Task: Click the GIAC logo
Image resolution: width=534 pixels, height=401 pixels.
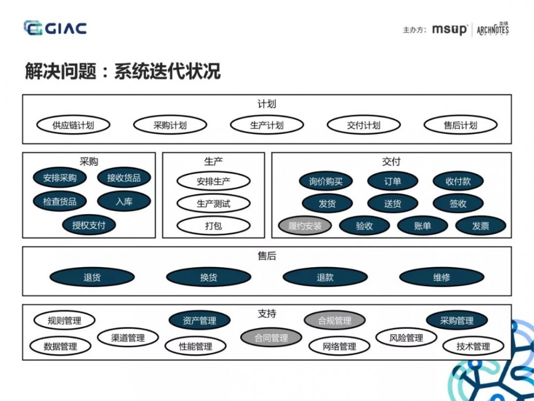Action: (x=55, y=28)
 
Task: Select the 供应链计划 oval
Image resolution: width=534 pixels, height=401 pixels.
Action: (x=73, y=126)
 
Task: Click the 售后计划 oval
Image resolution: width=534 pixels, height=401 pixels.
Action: (x=460, y=126)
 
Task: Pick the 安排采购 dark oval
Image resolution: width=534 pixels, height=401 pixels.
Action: (x=60, y=178)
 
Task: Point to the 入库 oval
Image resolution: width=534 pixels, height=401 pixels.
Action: (x=124, y=202)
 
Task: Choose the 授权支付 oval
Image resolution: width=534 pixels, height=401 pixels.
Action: (x=89, y=225)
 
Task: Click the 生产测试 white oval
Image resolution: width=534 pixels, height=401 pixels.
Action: (x=214, y=203)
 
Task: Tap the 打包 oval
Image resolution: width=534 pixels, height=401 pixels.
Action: (x=214, y=226)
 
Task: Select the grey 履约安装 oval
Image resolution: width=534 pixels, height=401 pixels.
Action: (x=305, y=226)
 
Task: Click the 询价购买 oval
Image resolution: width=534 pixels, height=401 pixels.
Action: (x=326, y=181)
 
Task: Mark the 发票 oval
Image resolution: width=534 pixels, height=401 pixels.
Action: (x=481, y=226)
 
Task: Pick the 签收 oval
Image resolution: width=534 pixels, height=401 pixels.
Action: (x=458, y=204)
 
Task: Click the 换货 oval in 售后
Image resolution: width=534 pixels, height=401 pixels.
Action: (x=208, y=277)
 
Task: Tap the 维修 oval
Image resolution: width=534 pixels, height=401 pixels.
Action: (x=442, y=277)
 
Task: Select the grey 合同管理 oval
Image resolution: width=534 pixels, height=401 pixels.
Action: (x=271, y=338)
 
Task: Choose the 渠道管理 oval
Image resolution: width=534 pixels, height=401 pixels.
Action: (x=128, y=338)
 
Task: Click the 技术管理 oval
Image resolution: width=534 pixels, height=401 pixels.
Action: (x=473, y=346)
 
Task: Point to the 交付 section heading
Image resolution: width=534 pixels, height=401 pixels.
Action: (x=391, y=161)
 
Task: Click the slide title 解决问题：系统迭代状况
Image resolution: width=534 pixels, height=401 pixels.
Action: (x=123, y=71)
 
